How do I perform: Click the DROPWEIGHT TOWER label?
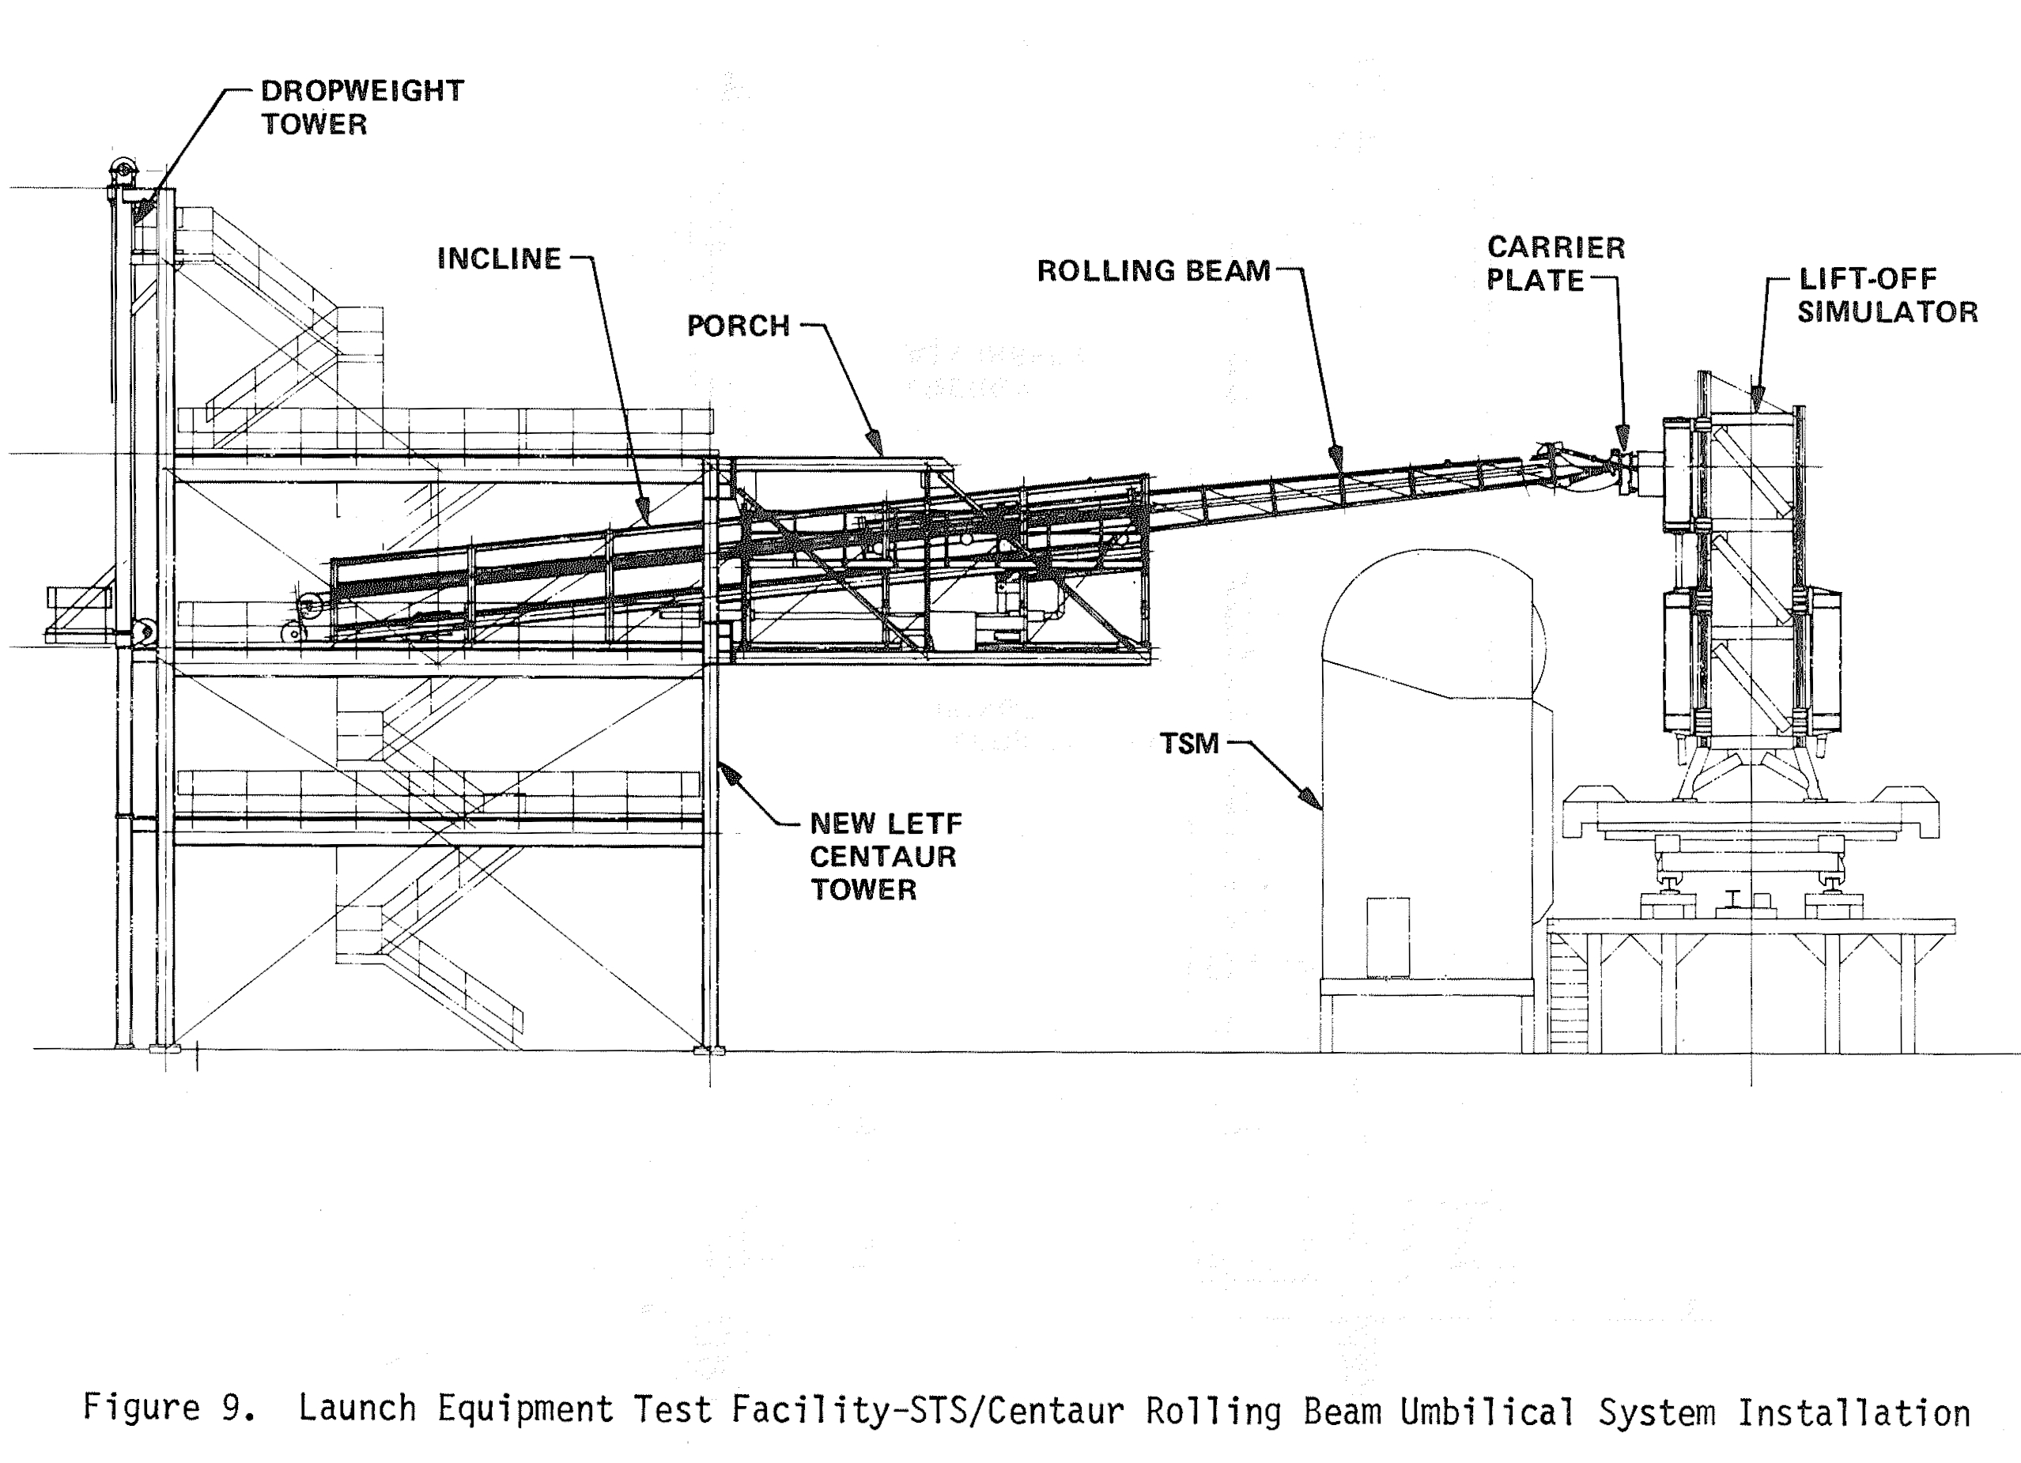coord(362,107)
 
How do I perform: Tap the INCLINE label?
coord(499,258)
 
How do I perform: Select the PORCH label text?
coord(738,326)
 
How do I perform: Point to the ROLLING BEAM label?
coord(1153,271)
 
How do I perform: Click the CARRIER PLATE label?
coord(1555,264)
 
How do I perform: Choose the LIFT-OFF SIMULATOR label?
coord(1887,295)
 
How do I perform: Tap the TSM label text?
coord(1188,743)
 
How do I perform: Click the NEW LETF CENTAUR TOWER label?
coord(885,856)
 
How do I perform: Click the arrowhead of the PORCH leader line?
coord(875,443)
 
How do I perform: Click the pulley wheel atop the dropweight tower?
coord(122,171)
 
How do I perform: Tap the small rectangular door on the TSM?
coord(1388,937)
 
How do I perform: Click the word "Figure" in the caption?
coord(141,1408)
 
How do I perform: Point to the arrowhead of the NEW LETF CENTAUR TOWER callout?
coord(727,771)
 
